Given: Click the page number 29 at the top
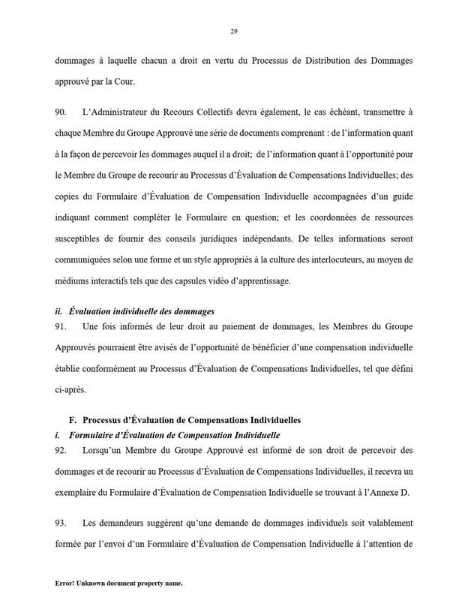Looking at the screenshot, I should coord(234,31).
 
